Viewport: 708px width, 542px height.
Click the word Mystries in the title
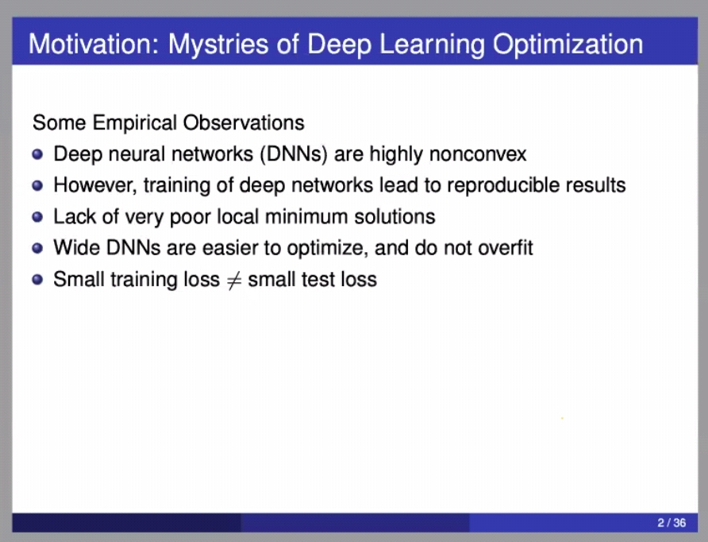[218, 45]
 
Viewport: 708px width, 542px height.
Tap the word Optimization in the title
[568, 45]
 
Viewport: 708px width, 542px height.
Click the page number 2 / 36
[671, 523]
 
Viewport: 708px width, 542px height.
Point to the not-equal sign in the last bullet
[233, 281]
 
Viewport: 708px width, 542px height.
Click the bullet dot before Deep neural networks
[37, 155]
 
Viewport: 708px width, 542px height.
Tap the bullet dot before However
[37, 186]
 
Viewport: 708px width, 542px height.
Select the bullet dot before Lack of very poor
[37, 217]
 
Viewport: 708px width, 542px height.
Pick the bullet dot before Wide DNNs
[37, 248]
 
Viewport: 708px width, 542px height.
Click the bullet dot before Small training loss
[37, 280]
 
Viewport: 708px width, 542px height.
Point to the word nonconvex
[478, 155]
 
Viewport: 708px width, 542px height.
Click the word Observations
[244, 123]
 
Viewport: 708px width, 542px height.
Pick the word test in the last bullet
[319, 280]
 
